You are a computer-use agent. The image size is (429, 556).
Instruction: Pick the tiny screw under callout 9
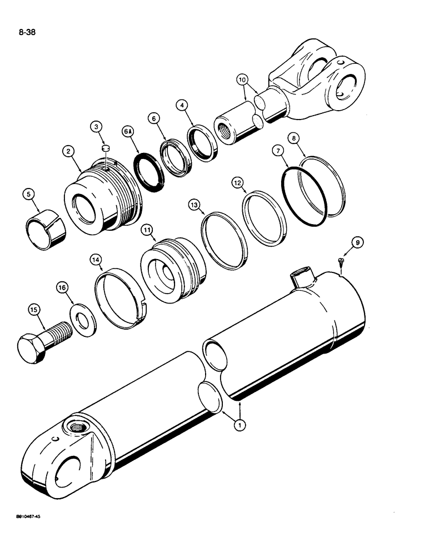[x=341, y=261]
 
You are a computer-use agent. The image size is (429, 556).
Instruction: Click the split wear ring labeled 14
[x=120, y=295]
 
